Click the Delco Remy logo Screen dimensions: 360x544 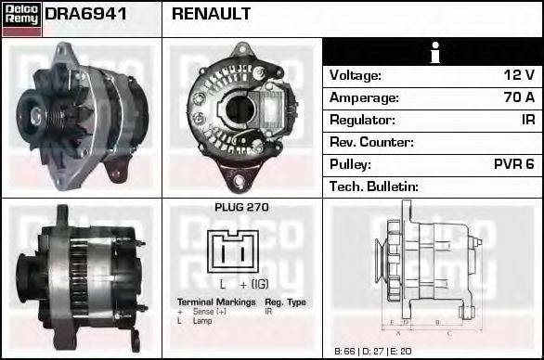pyautogui.click(x=21, y=19)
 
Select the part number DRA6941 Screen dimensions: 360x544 pyautogui.click(x=86, y=15)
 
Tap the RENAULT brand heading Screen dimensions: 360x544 pyautogui.click(x=212, y=15)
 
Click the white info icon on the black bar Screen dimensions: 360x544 pyautogui.click(x=433, y=52)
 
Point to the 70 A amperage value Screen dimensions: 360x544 pyautogui.click(x=518, y=97)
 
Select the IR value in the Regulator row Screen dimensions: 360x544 pyautogui.click(x=527, y=120)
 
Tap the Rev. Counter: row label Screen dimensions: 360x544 pyautogui.click(x=371, y=142)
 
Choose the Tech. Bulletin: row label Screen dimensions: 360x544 pyautogui.click(x=374, y=186)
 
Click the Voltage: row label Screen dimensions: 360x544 pyautogui.click(x=356, y=75)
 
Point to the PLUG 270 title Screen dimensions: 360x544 pyautogui.click(x=241, y=208)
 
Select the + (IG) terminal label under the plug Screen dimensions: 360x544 pyautogui.click(x=255, y=284)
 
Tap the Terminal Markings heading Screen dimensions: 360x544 pyautogui.click(x=216, y=302)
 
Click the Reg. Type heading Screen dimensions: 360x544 pyautogui.click(x=285, y=302)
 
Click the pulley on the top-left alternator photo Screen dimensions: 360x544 pyautogui.click(x=39, y=115)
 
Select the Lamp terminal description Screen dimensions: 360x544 pyautogui.click(x=203, y=321)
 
